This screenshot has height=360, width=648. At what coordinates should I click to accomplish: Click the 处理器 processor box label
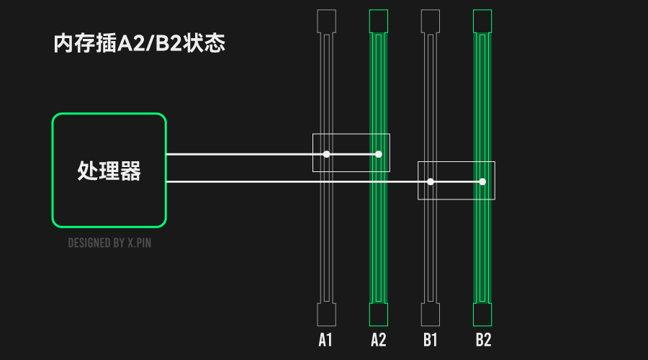click(x=109, y=171)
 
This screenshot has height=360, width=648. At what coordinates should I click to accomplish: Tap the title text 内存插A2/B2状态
click(x=139, y=43)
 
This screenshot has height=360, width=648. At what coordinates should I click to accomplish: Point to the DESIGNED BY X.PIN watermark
click(x=109, y=243)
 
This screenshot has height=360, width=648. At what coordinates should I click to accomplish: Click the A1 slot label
click(x=325, y=340)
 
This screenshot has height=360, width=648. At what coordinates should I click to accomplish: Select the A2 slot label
click(x=378, y=340)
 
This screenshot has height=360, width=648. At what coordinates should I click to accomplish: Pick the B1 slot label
click(x=431, y=340)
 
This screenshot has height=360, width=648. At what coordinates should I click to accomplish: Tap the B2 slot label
click(x=483, y=340)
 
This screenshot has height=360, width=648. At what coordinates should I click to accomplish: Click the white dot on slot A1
click(x=326, y=154)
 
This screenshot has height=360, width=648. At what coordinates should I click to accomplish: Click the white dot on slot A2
click(x=379, y=154)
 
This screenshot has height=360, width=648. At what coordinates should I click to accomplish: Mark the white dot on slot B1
click(x=431, y=182)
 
